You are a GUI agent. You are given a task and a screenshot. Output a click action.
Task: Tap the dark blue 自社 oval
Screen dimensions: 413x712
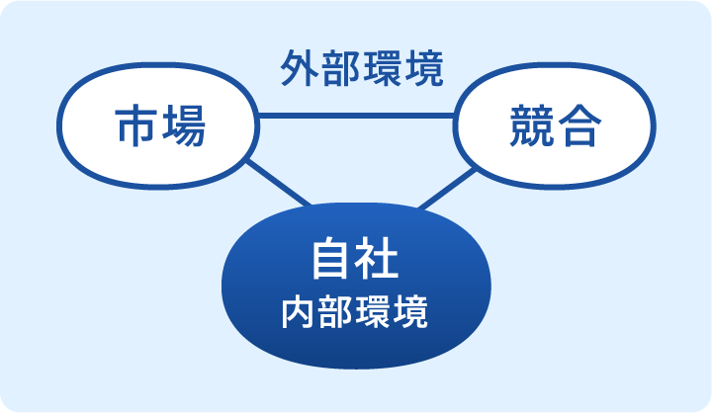click(354, 287)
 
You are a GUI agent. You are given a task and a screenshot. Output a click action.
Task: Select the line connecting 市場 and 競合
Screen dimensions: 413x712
click(356, 117)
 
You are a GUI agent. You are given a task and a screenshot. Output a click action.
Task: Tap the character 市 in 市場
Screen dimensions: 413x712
click(135, 126)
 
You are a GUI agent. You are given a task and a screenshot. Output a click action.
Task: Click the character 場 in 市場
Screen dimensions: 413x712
click(182, 126)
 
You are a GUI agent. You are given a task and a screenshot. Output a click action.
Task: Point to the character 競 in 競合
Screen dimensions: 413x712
click(531, 126)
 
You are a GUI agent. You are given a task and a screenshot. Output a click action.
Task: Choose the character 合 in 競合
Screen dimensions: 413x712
click(578, 126)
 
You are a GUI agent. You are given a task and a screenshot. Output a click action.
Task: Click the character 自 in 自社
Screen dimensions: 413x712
click(330, 261)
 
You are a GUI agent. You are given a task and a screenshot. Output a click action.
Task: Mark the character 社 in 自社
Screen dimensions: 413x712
click(378, 261)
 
